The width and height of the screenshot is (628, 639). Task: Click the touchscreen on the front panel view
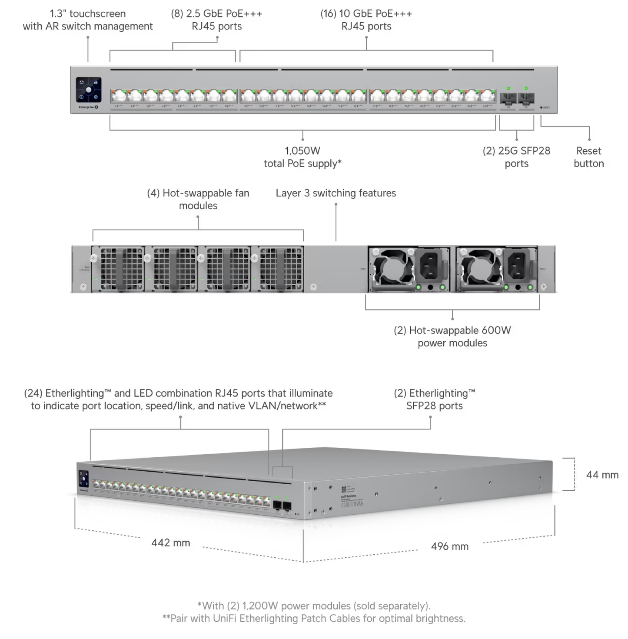coord(89,90)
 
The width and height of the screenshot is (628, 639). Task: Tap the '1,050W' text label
coord(302,151)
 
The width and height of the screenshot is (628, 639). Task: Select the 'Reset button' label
coord(588,157)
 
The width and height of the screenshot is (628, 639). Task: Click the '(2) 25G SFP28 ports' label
coord(516,157)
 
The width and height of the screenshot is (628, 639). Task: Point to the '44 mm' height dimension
coord(602,475)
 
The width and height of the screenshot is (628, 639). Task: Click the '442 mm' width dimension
coord(170,542)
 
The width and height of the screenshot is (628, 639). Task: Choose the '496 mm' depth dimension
coord(449,546)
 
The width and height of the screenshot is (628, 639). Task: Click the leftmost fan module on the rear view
coord(121,269)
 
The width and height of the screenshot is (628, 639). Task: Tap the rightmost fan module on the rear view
coord(281,269)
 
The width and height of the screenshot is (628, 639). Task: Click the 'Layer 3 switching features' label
coord(336,193)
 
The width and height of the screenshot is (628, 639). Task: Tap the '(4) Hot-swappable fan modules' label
coord(198,199)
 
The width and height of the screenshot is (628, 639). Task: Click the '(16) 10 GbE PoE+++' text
coord(366,14)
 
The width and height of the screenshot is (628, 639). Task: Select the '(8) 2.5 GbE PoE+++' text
coord(216,14)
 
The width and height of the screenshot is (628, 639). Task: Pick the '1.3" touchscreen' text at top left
coord(88,14)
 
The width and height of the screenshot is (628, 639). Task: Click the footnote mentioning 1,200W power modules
coord(313,606)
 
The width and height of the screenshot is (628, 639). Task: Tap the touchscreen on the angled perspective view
coord(84,479)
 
